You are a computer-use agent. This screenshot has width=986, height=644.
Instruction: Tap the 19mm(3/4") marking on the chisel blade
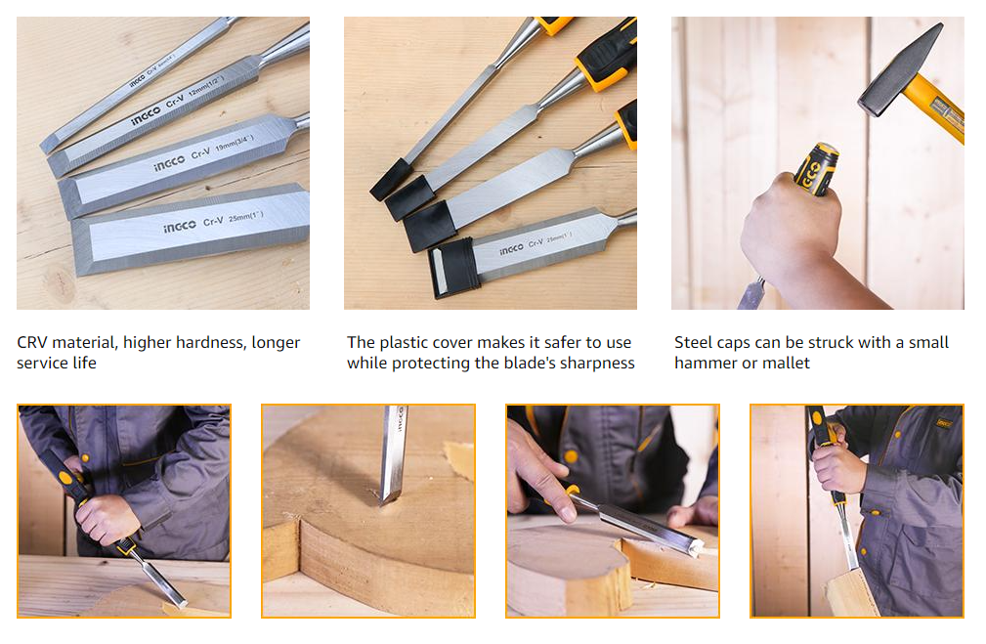point(232,148)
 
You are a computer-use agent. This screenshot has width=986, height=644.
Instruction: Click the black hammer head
point(900,70)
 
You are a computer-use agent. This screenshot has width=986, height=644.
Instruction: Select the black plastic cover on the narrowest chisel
point(390,178)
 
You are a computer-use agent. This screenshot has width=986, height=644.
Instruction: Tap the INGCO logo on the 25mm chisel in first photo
point(179,226)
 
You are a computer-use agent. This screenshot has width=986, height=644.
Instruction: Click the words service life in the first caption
point(57,364)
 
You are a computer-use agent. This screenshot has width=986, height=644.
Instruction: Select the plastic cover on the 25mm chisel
point(452,267)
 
